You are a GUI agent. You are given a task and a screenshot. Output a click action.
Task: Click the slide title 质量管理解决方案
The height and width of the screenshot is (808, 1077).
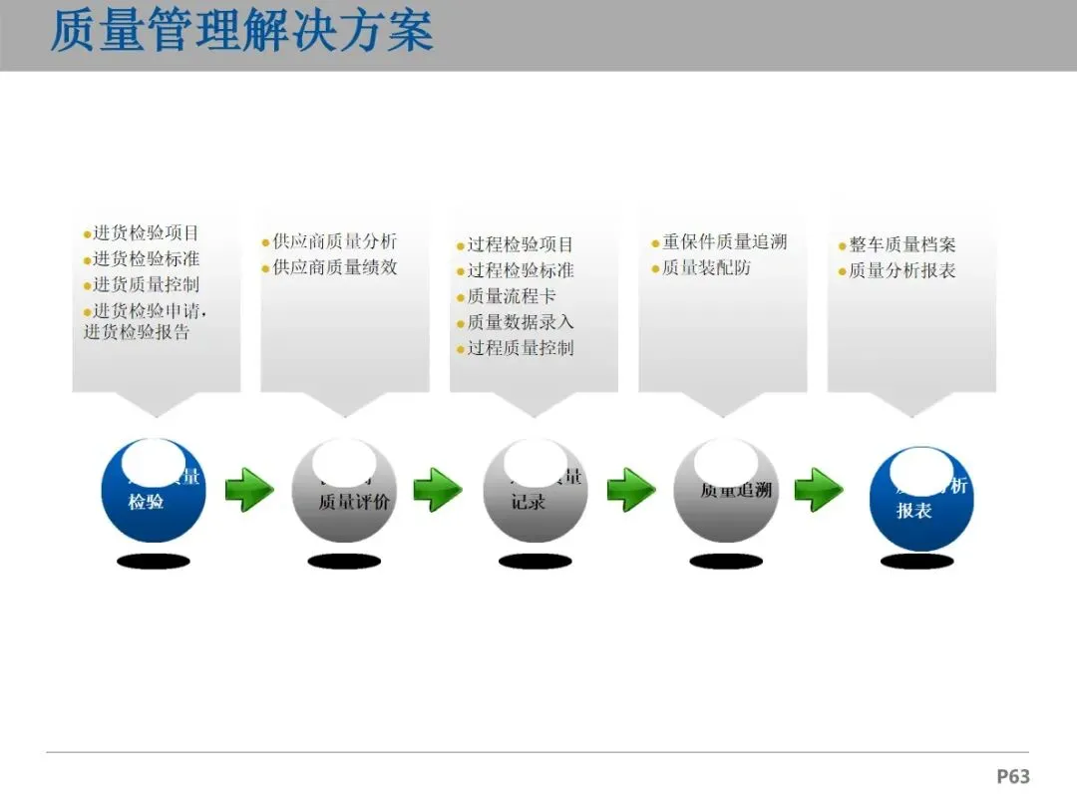pos(242,31)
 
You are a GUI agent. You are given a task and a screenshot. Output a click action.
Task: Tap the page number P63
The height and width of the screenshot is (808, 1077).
pos(1012,776)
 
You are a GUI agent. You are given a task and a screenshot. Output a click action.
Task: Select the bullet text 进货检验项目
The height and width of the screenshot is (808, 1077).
pos(146,233)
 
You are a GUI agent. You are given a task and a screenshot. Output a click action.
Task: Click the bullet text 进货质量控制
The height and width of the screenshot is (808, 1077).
pos(146,285)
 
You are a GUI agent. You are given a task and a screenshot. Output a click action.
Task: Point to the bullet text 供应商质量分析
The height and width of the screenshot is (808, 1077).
pos(334,241)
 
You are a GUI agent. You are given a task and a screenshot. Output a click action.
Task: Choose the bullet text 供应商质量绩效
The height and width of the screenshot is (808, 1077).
pos(334,267)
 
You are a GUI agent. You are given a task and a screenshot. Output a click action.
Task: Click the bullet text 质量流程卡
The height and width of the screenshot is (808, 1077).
pos(512,296)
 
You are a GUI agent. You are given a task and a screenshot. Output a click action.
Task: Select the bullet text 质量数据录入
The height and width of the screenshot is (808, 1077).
pos(521,322)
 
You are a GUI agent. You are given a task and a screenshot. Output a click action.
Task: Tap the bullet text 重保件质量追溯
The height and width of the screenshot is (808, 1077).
pos(724,241)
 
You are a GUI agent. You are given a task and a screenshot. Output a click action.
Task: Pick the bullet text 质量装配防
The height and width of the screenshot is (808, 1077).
pos(706,267)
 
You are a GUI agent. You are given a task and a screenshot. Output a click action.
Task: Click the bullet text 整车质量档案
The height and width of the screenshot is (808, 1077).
pos(901,244)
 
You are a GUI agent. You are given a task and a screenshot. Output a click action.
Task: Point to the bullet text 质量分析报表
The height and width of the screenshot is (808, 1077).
pos(901,270)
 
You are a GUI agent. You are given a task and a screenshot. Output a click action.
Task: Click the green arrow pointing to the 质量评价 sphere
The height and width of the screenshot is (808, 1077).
pos(249,490)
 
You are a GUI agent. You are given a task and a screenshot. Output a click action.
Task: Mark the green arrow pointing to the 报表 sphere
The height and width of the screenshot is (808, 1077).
pos(819,490)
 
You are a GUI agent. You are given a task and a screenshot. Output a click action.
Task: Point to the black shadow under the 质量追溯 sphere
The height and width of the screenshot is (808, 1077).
pos(726,562)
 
